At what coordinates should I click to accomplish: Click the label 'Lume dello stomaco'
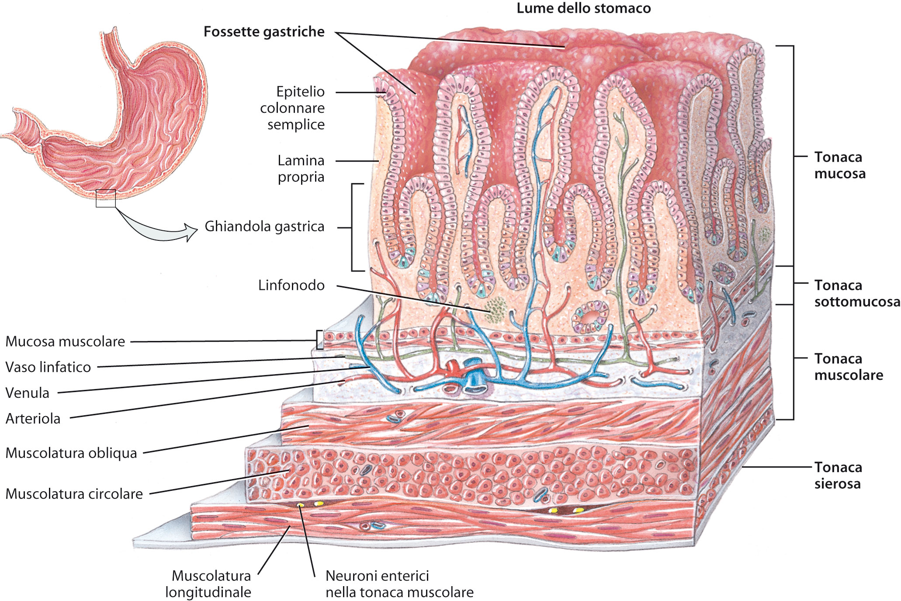pos(583,8)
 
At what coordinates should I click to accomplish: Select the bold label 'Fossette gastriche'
pos(264,32)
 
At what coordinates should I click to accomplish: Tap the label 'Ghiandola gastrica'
pos(264,226)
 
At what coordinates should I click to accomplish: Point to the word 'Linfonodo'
pos(291,285)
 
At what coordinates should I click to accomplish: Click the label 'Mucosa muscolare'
pos(65,341)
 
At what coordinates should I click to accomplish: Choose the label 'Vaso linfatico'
pos(48,367)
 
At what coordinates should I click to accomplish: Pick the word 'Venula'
pos(27,393)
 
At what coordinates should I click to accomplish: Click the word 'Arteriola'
pos(33,419)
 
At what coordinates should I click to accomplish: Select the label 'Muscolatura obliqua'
pos(71,453)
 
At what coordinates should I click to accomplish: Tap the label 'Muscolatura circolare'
pos(74,494)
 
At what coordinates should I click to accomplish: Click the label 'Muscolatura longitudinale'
pos(209,584)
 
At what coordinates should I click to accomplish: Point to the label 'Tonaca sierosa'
pos(838,476)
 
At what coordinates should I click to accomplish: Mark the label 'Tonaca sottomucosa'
pos(856,293)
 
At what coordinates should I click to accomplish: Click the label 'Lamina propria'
pos(301,169)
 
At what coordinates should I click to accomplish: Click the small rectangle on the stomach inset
pos(106,198)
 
